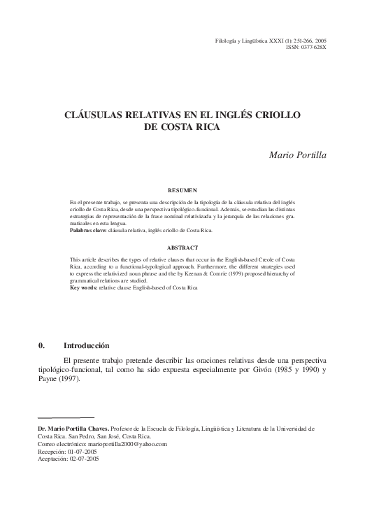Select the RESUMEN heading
pyautogui.click(x=183, y=189)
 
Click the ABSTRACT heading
pyautogui.click(x=183, y=248)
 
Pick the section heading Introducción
pyautogui.click(x=87, y=345)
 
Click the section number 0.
pyautogui.click(x=41, y=345)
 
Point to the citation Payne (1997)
pyautogui.click(x=59, y=380)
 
